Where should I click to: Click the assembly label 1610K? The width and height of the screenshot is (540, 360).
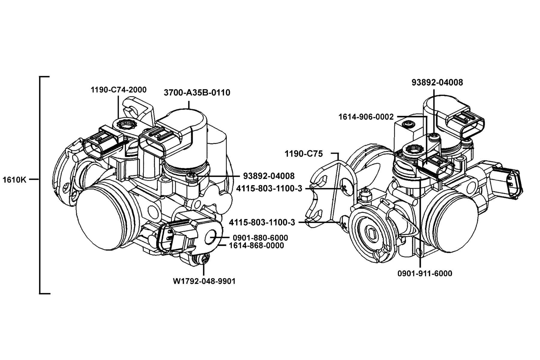[15, 180]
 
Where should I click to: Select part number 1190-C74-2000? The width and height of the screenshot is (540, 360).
[118, 89]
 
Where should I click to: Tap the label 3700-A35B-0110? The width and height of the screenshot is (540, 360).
[197, 93]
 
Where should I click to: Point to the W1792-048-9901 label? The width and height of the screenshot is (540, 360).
[204, 281]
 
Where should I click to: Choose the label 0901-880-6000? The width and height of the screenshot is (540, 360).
[260, 238]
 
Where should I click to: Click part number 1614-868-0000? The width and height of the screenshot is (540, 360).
[256, 245]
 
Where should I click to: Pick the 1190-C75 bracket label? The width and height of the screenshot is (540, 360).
[304, 154]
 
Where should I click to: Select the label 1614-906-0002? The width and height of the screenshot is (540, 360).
[366, 117]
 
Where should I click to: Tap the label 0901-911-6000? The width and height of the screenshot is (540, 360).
[425, 273]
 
